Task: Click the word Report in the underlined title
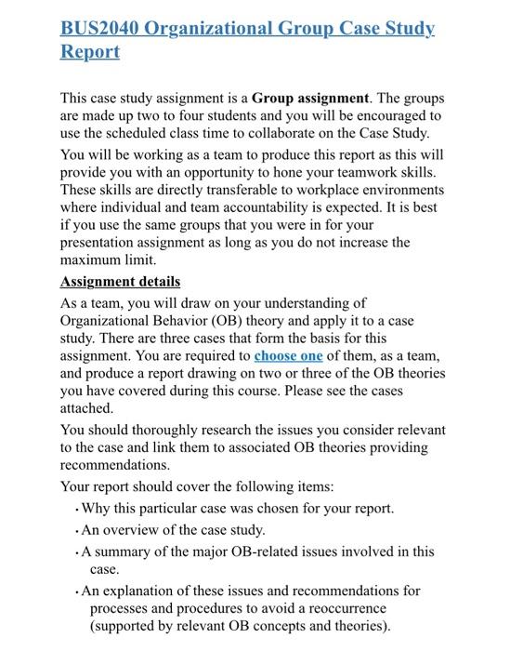(90, 51)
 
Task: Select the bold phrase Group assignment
(310, 98)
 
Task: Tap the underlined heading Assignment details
(121, 281)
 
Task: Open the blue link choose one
(289, 355)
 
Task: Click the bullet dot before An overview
(76, 530)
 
